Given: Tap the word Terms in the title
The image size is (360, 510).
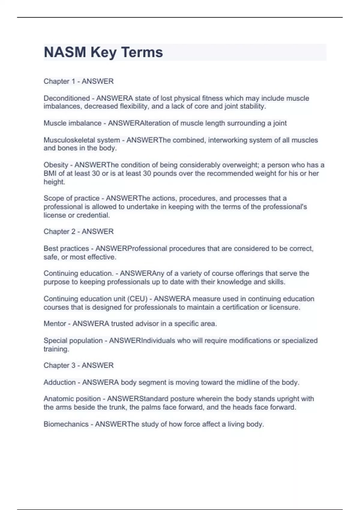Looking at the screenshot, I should [142, 52].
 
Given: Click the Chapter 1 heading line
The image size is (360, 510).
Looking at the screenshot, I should [79, 81].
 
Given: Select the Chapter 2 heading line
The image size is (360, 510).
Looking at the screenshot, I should [79, 232].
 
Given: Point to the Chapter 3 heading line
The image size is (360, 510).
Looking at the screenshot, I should [79, 365].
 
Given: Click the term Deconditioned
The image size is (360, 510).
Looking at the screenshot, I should [67, 98].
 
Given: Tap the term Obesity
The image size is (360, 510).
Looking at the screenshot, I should [56, 165].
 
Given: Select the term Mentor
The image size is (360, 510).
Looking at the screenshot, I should [55, 324].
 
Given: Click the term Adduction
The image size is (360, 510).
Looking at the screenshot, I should [59, 382].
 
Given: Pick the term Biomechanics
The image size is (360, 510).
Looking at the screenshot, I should [66, 424].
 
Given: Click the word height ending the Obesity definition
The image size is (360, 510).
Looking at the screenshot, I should [54, 182].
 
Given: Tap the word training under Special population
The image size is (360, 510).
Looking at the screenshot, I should [56, 349].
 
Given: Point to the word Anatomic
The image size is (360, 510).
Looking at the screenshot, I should [57, 399].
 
